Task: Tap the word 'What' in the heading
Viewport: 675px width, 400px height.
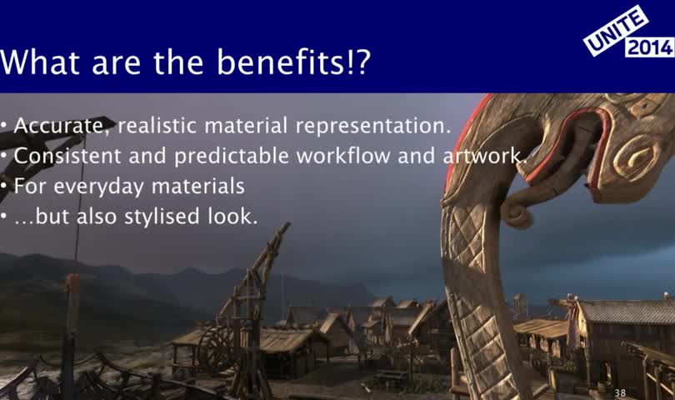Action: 40,62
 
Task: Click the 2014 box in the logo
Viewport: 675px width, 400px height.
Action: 650,47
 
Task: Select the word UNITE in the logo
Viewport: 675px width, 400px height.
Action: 616,30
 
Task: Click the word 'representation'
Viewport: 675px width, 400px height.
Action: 372,126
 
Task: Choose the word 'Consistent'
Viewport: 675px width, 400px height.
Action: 67,156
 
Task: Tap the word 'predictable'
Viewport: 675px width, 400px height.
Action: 231,156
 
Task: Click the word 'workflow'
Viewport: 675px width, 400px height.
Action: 343,156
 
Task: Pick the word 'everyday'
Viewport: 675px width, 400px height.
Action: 98,187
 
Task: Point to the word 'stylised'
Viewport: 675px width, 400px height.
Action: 162,216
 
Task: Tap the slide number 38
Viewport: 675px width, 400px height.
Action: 620,392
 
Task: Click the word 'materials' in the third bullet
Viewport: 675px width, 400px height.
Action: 198,186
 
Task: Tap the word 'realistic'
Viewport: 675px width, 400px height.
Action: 157,126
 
